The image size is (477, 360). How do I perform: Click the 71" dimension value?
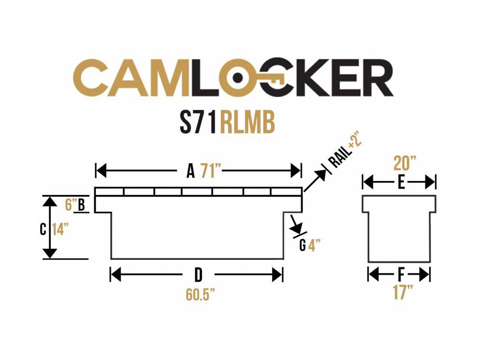(x=211, y=172)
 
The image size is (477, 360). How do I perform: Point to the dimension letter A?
(x=191, y=172)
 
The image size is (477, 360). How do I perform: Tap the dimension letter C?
(x=43, y=230)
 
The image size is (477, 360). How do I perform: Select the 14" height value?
(x=60, y=230)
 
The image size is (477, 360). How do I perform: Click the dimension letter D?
(x=198, y=274)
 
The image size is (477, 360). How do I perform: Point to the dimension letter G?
(x=302, y=246)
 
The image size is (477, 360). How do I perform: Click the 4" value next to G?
(x=314, y=246)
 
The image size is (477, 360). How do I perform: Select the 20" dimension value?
(x=405, y=163)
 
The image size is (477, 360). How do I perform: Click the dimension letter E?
(x=401, y=183)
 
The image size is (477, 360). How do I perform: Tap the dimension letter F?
(x=401, y=274)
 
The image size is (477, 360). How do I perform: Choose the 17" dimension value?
(x=401, y=293)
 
